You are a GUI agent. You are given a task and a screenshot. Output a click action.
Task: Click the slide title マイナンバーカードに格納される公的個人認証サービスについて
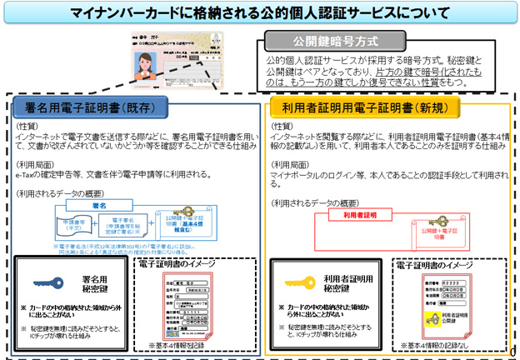click(x=259, y=12)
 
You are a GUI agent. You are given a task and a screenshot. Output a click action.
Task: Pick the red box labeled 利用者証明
click(x=360, y=215)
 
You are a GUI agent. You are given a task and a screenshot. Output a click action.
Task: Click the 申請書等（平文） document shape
click(x=62, y=227)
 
